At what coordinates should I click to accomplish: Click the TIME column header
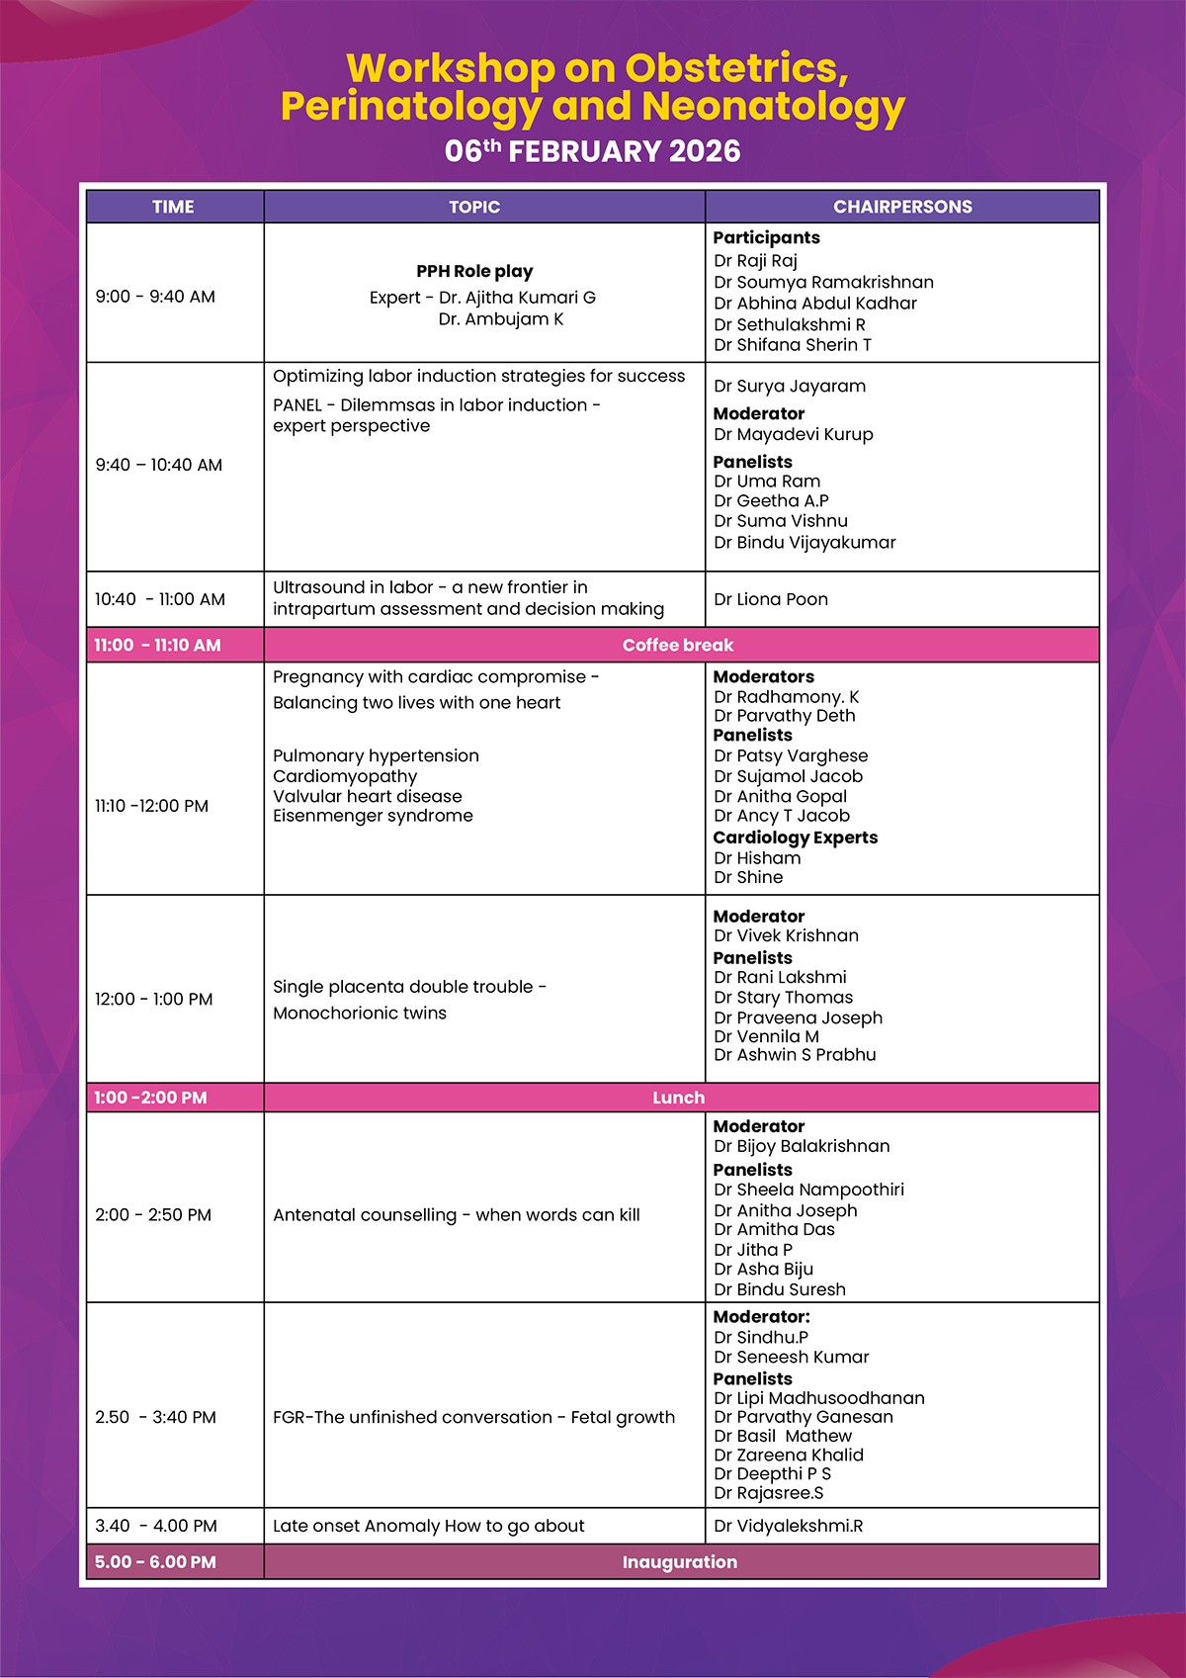click(173, 207)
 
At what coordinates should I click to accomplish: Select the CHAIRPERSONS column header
click(902, 207)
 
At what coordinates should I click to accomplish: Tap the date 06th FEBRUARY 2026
click(592, 151)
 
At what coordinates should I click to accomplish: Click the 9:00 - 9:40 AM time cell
click(155, 297)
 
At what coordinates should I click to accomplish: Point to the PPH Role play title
click(474, 271)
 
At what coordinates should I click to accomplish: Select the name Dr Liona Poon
click(771, 599)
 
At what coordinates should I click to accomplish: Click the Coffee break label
click(678, 645)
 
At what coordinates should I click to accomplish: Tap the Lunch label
click(678, 1098)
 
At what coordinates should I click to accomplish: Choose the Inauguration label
click(679, 1562)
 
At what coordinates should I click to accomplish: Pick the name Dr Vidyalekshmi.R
click(788, 1526)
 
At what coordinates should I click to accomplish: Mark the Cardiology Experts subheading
click(796, 838)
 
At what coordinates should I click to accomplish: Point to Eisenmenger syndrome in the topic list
click(373, 816)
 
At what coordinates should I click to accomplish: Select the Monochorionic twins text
click(360, 1013)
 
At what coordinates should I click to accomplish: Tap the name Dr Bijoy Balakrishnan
click(802, 1146)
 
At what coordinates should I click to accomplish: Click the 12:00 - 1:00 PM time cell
click(154, 999)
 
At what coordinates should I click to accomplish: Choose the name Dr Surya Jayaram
click(790, 386)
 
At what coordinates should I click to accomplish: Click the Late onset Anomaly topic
click(429, 1526)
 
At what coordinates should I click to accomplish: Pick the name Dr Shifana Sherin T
click(793, 345)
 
